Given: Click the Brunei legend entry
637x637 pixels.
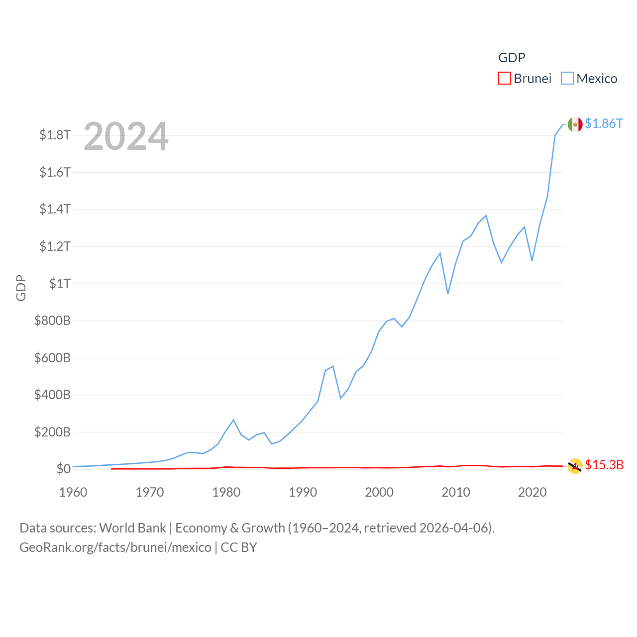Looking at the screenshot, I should pos(525,79).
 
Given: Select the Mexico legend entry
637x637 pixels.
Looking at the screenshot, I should pos(589,79).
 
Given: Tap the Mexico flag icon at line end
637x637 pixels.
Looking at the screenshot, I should pos(575,124).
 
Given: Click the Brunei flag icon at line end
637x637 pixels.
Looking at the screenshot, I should pos(575,466).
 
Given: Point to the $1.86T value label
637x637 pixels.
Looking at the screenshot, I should pos(604,123).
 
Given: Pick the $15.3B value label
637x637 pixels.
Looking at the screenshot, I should pos(604,465).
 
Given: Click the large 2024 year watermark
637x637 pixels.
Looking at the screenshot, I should pos(126,136).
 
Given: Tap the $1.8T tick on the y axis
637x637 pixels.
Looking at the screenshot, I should pos(55,135).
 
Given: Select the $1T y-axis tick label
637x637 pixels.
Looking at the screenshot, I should pos(60,284).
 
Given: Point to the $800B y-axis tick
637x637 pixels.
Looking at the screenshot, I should pos(52,320).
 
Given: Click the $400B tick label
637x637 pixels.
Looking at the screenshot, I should pos(52,395).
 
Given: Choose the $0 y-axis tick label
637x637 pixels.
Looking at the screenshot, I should pos(63,469).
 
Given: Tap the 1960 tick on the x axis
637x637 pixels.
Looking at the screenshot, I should pos(73,492).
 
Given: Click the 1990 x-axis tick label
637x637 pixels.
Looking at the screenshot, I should pos(303,492).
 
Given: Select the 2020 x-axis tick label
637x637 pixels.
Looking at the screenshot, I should pos(532,492).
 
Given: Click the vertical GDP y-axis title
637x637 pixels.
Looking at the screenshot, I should pos(21,288).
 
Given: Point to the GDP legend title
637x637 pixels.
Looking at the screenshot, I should pos(512,58).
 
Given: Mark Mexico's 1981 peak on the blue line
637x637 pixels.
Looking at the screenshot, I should pos(233,420).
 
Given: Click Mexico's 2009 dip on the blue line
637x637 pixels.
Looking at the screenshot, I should pos(448,294).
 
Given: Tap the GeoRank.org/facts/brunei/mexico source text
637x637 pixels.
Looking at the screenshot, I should pos(115,547).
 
